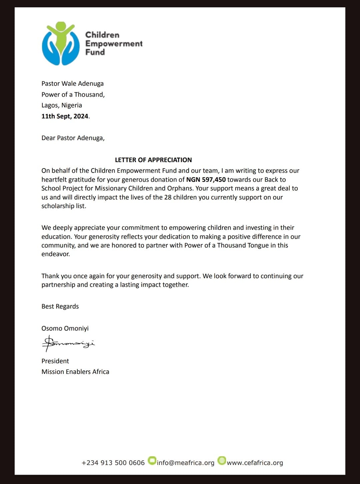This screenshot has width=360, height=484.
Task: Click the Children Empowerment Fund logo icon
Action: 61,43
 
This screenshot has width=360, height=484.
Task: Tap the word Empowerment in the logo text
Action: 114,44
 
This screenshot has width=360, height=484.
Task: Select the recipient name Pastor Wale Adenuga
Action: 72,83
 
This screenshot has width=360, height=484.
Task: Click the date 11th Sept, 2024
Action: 65,116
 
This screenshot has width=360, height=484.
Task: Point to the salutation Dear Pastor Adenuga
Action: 73,138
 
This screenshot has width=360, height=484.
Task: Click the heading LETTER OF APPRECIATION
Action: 153,160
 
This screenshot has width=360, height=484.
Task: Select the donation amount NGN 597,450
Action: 206,179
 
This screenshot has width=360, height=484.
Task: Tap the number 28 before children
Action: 168,197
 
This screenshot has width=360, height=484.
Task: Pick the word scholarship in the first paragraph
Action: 58,206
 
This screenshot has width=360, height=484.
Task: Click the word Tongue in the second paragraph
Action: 257,245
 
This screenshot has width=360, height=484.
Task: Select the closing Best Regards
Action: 60,306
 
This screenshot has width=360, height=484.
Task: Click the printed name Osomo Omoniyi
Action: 65,328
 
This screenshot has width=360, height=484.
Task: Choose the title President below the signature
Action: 55,361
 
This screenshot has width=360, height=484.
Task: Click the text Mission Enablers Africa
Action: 75,372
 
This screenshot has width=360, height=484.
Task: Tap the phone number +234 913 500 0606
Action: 113,463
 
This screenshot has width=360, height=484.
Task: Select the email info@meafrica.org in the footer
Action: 185,463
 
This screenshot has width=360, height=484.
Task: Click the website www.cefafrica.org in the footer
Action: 255,463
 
